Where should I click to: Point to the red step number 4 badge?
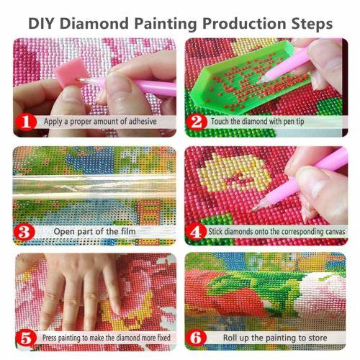pos(197,231)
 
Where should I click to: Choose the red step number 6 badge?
pos(197,337)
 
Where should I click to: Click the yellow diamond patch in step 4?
pos(234,180)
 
